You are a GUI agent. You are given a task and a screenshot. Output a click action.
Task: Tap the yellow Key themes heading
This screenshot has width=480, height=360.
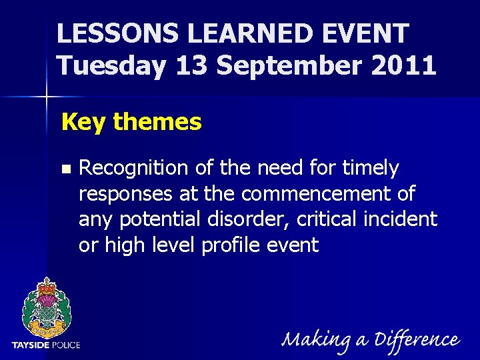point(131,122)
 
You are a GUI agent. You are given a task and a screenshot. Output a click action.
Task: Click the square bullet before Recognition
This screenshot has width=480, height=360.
point(65,169)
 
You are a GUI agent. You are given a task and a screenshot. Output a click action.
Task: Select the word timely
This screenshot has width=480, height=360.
point(371,169)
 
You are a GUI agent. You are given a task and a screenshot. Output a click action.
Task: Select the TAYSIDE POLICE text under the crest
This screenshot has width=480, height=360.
point(46,345)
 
